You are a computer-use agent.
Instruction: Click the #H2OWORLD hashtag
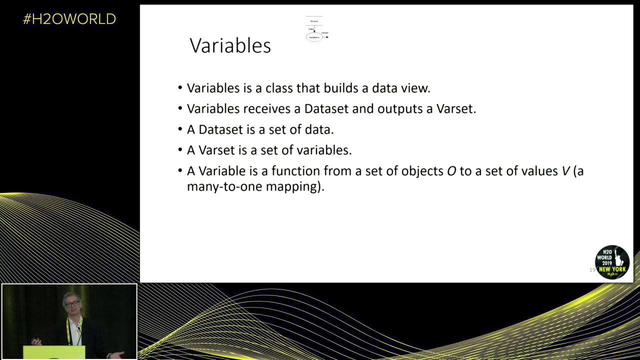coord(69,19)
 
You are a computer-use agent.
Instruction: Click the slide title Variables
coord(230,45)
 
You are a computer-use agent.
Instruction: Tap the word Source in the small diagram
coord(314,21)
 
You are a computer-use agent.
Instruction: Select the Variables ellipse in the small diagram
coord(314,37)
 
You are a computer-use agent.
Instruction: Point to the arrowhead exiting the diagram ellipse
coord(327,37)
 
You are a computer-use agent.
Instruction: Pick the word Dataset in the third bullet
coord(220,129)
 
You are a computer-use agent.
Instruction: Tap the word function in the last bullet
coord(295,171)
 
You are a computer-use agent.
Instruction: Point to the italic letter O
coord(451,171)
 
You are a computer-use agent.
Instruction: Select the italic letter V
coord(565,171)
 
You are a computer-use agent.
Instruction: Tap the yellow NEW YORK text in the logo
coord(612,269)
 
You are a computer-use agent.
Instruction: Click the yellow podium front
coord(54,352)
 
